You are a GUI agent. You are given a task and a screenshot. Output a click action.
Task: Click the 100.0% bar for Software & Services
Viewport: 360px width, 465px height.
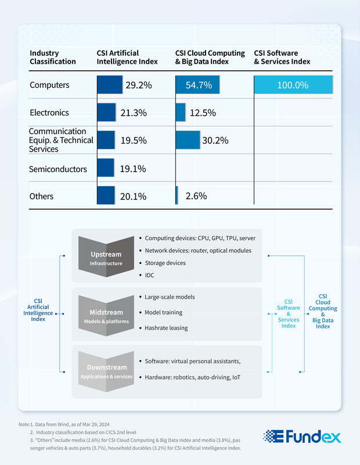pyautogui.click(x=293, y=85)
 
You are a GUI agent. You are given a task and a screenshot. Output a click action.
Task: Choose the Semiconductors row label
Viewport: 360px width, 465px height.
pyautogui.click(x=58, y=169)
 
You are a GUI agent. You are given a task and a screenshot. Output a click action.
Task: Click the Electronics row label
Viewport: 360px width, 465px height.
pyautogui.click(x=49, y=113)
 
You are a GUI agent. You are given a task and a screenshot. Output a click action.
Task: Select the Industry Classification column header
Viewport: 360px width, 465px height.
pyautogui.click(x=53, y=58)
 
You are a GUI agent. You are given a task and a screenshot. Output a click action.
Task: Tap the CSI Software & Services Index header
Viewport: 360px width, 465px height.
pyautogui.click(x=282, y=58)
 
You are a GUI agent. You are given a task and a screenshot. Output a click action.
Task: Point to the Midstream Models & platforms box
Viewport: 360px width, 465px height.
pyautogui.click(x=106, y=316)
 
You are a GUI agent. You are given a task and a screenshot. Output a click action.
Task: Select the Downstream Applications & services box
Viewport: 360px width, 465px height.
pyautogui.click(x=106, y=371)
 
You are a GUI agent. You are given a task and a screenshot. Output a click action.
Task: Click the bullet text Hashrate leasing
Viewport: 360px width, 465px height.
pyautogui.click(x=167, y=328)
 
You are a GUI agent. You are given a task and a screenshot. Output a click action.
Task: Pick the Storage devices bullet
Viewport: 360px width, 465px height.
pyautogui.click(x=165, y=263)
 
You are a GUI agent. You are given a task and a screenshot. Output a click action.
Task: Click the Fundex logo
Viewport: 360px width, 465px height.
pyautogui.click(x=302, y=437)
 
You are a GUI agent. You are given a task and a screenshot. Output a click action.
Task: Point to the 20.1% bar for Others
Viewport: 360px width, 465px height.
pyautogui.click(x=106, y=196)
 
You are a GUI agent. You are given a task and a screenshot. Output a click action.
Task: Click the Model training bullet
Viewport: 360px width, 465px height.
pyautogui.click(x=164, y=312)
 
